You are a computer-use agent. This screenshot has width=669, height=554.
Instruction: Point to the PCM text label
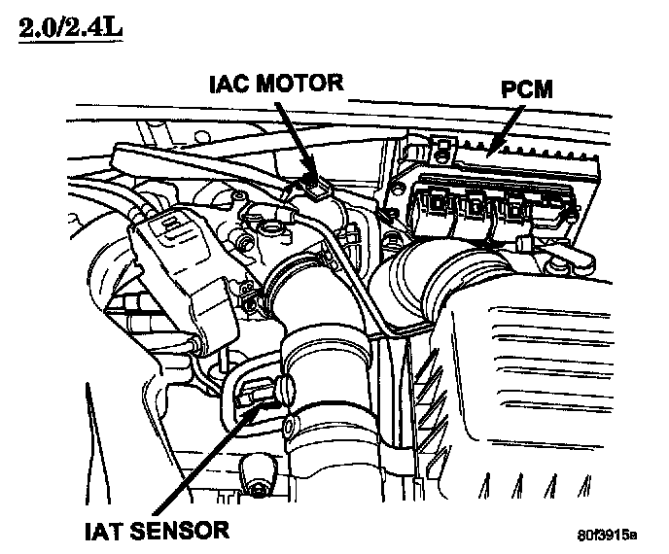pyautogui.click(x=528, y=90)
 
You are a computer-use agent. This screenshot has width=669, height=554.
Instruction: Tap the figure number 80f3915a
pyautogui.click(x=605, y=535)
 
